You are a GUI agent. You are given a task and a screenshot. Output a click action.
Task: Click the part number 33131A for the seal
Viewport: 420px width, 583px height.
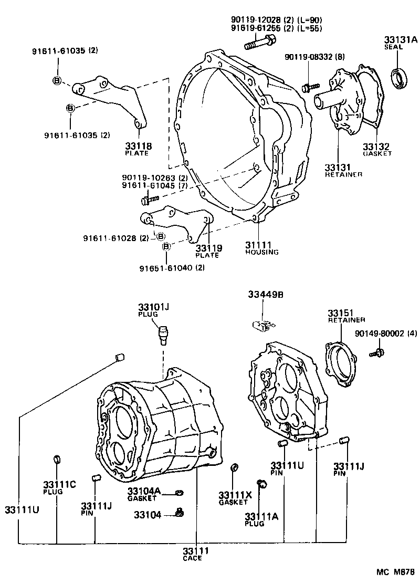(400, 39)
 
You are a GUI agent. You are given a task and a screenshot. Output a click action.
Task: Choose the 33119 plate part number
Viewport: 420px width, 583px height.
(208, 248)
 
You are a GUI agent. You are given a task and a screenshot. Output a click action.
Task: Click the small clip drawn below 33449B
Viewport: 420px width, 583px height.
(262, 326)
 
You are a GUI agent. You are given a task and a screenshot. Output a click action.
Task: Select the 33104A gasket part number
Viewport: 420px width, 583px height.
(143, 491)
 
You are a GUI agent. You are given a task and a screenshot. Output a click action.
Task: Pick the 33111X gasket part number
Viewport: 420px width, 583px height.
(235, 495)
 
